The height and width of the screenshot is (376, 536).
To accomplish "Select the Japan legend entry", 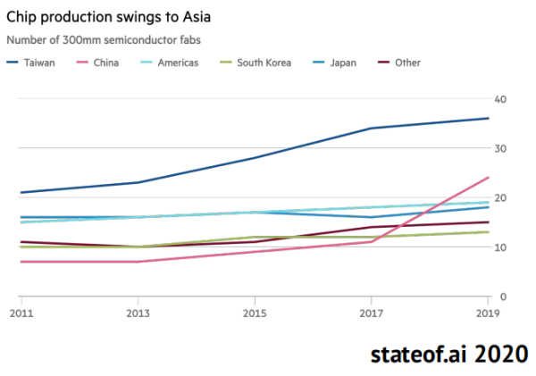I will click(x=340, y=63).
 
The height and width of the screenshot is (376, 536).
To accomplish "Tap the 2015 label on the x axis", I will click(x=254, y=313).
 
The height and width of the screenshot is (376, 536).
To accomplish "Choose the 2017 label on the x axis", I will click(x=372, y=313).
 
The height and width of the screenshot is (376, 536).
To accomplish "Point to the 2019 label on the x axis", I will click(x=488, y=313).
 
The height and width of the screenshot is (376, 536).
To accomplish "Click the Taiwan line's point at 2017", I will click(x=372, y=128).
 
